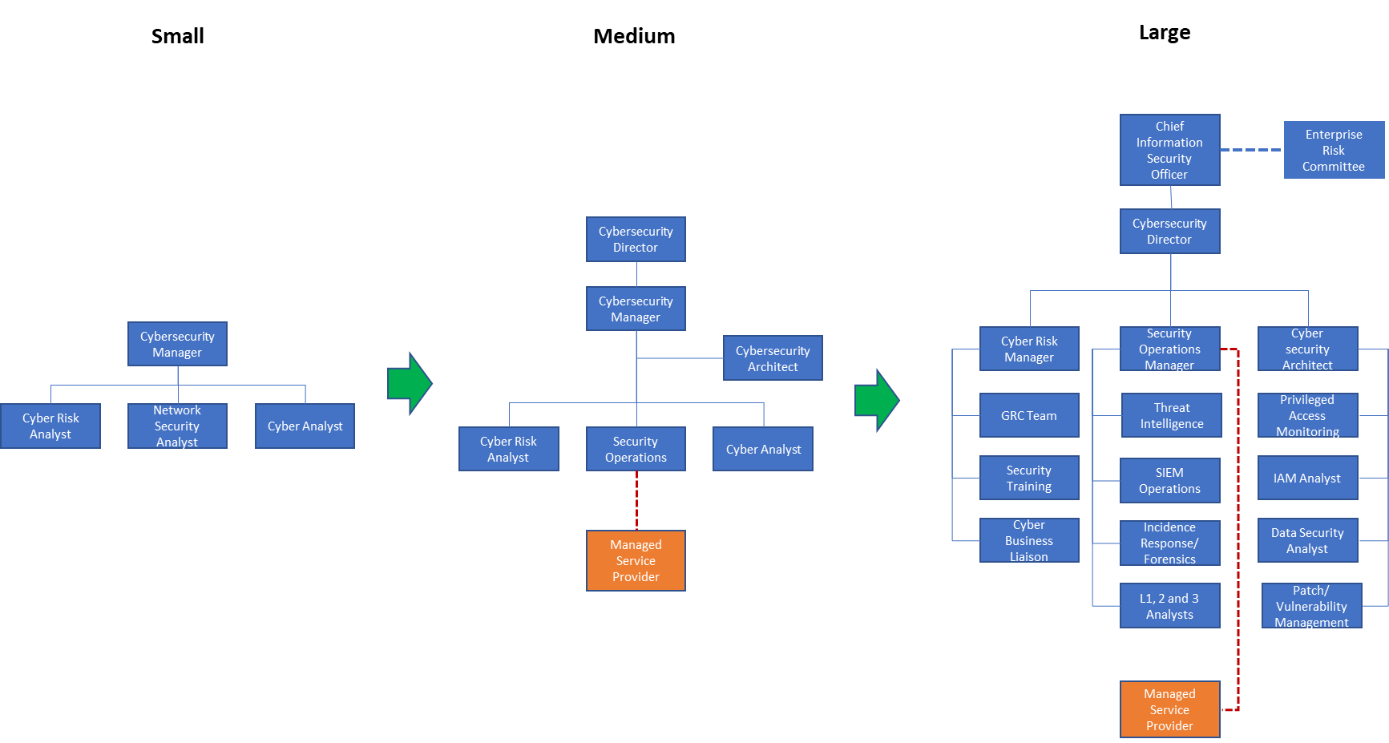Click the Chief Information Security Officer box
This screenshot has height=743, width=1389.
tap(1169, 150)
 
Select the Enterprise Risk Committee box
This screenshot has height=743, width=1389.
tap(1333, 150)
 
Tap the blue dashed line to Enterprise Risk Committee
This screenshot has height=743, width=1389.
tap(1251, 150)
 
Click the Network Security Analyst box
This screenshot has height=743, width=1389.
tap(177, 426)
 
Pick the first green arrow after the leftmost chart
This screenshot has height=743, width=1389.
tap(410, 383)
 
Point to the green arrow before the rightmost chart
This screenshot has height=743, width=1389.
tap(876, 400)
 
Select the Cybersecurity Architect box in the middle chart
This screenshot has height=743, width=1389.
tap(773, 358)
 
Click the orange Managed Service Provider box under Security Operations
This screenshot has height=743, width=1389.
tap(636, 560)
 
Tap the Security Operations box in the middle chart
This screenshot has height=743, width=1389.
tap(636, 449)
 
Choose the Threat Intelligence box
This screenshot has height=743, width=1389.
tap(1171, 415)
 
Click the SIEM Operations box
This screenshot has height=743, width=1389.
tap(1169, 480)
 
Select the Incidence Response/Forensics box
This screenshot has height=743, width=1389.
tap(1169, 543)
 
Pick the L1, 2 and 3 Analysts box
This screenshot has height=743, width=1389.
tap(1169, 606)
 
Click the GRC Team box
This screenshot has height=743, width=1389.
tap(1029, 415)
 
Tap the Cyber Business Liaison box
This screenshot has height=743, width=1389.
tap(1029, 540)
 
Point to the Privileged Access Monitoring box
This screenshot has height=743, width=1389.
tap(1307, 415)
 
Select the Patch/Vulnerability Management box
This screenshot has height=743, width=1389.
tap(1311, 606)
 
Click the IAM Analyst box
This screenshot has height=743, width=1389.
tap(1307, 478)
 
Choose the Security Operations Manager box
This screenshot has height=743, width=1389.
tap(1169, 349)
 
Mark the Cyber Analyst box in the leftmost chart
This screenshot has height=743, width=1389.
tap(305, 426)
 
